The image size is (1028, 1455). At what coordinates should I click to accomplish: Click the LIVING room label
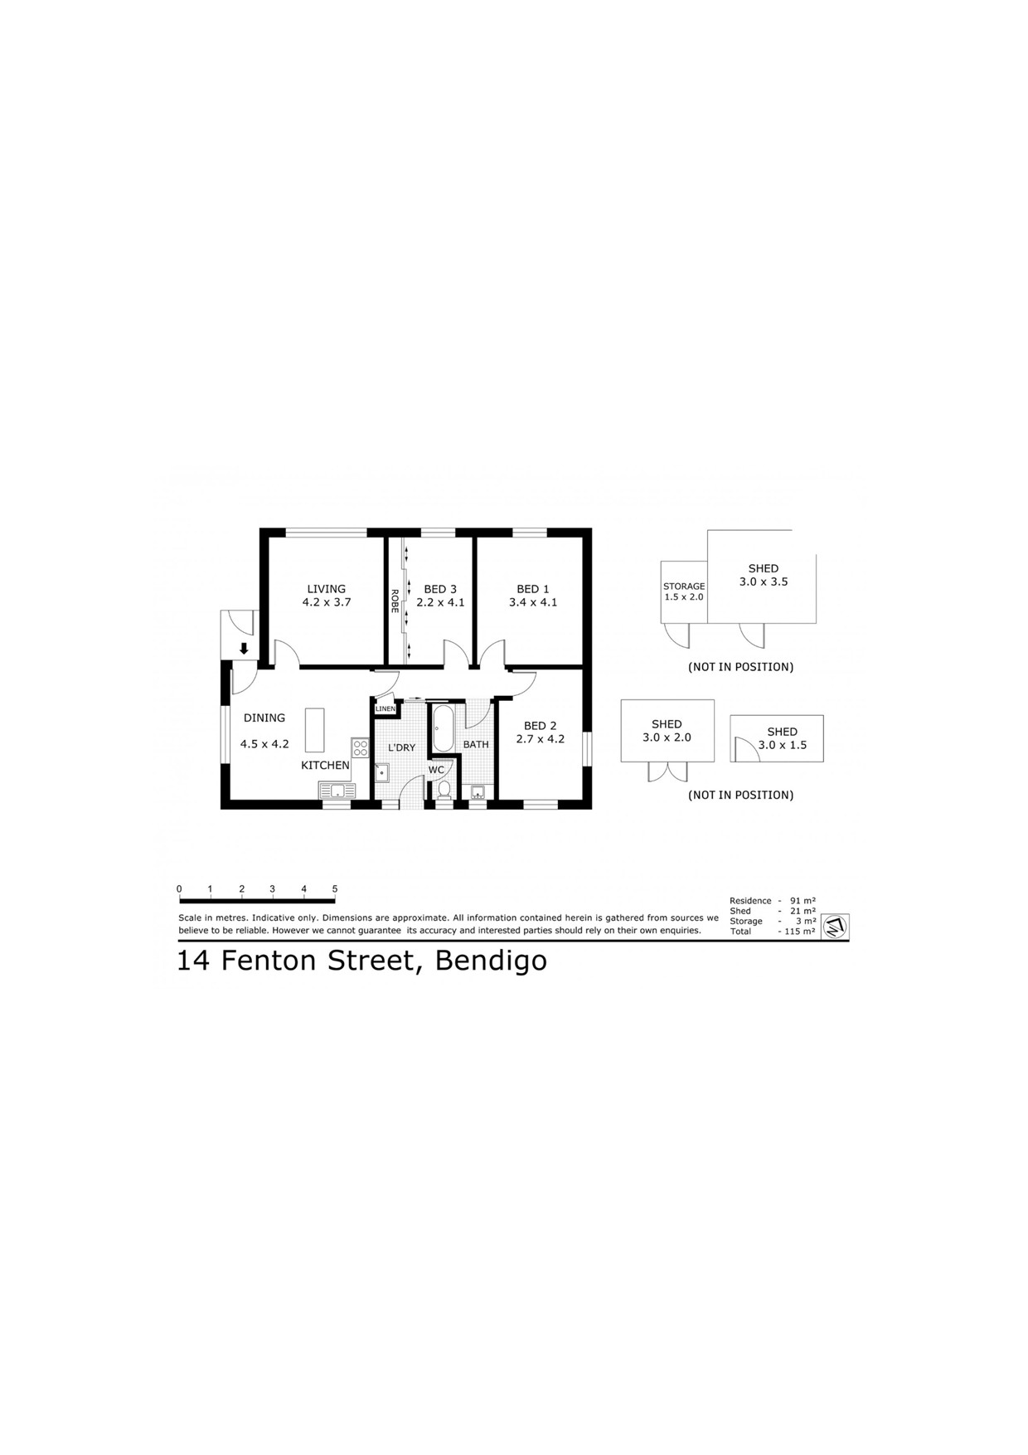point(327,590)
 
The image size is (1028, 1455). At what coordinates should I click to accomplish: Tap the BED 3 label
point(440,590)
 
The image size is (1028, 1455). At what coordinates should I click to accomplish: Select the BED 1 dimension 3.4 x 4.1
point(533,603)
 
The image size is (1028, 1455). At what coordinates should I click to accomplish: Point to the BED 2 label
point(541,726)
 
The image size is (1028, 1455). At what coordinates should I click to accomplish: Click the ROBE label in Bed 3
point(395,601)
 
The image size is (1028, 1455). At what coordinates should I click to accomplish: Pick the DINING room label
point(264,718)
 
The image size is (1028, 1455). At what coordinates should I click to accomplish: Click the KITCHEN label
point(325,766)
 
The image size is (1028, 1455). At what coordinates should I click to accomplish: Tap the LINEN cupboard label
point(385,709)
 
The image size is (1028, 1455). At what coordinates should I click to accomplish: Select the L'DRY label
point(402,748)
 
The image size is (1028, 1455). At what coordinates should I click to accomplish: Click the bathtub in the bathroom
point(444,729)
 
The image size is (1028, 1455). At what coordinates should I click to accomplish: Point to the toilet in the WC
point(444,789)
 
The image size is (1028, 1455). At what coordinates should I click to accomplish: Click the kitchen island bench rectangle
point(315,729)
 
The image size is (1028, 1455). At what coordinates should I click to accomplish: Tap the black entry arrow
point(244,649)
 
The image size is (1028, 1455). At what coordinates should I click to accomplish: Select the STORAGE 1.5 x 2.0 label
point(684,591)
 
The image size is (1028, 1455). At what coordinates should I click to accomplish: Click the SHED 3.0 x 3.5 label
point(764,575)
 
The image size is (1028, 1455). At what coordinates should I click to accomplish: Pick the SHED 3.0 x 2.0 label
point(667,731)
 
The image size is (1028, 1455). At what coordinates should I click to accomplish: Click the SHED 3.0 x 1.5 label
point(782,738)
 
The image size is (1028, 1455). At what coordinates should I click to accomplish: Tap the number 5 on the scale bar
point(335,889)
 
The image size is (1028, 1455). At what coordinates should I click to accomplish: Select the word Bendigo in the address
point(491,961)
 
